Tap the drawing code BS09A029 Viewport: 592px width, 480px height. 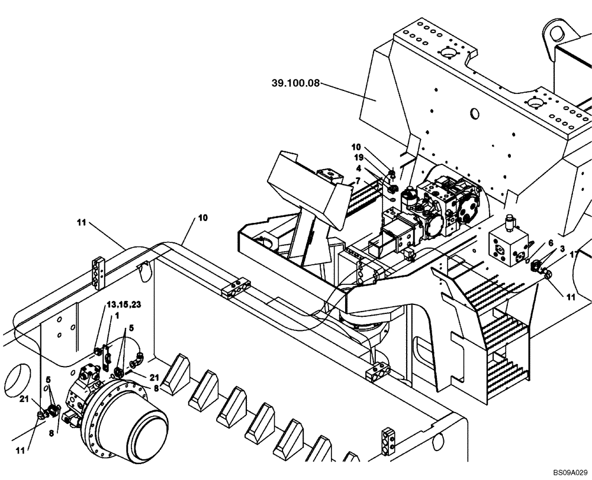571,473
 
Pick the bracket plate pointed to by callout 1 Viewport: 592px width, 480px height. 108,353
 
